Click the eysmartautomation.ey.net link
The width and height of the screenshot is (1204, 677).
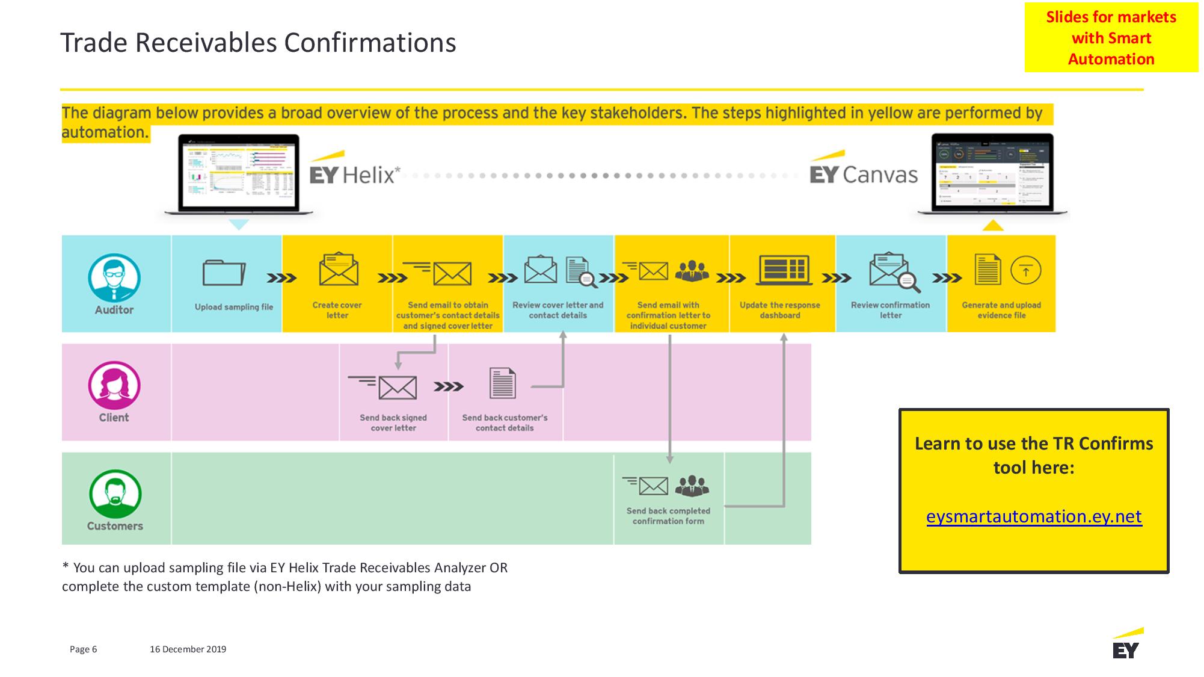(1034, 516)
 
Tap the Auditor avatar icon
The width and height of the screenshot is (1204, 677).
(114, 277)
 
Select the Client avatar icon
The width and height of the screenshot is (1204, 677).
(114, 385)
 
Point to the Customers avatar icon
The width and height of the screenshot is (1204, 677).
(115, 493)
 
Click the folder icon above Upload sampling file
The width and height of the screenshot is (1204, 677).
(224, 273)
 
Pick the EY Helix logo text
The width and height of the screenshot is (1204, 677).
(354, 175)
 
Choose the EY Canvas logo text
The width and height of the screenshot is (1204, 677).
(864, 175)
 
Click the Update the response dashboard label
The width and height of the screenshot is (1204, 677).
(780, 310)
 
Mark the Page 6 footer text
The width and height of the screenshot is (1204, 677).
(83, 649)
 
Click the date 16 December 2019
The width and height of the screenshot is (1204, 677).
(188, 649)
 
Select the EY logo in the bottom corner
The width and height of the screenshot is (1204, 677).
(1126, 645)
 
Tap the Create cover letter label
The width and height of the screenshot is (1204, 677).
(337, 310)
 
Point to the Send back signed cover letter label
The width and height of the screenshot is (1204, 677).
(393, 422)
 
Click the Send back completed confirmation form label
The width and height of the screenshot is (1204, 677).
(668, 516)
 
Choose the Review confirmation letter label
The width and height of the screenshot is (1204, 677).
(890, 310)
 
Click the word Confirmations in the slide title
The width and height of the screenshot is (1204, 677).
(370, 43)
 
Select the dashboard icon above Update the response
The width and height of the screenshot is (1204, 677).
(784, 269)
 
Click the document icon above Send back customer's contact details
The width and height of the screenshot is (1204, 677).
(502, 383)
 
